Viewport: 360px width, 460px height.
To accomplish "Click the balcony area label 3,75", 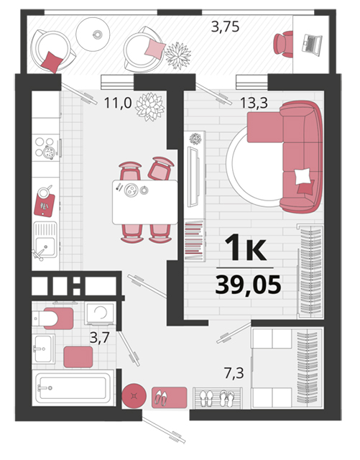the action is tap(225, 27).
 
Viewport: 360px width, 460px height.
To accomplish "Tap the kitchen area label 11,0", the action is tap(118, 103).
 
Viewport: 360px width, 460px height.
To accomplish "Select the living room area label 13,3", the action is tap(254, 103).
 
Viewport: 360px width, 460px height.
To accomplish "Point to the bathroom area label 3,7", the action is tap(99, 338).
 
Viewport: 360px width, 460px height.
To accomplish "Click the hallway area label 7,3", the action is tap(234, 373).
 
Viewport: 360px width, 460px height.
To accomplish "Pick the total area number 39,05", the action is tap(248, 285).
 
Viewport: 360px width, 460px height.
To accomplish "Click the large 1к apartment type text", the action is tap(246, 247).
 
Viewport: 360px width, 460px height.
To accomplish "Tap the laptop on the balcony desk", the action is tap(312, 45).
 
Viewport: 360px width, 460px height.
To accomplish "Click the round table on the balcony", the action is tap(93, 34).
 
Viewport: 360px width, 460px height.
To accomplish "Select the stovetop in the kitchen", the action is tap(46, 147).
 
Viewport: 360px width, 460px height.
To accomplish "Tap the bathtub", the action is tap(73, 388).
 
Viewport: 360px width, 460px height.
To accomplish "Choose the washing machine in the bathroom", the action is tap(101, 313).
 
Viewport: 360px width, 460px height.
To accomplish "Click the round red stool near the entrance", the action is tap(134, 396).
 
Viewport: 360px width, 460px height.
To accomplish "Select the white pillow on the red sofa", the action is tap(303, 175).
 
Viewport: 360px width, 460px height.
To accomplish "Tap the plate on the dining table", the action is tap(131, 190).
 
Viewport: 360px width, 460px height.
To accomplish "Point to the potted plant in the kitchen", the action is tap(150, 107).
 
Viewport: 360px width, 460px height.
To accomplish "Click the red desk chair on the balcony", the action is tap(283, 44).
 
